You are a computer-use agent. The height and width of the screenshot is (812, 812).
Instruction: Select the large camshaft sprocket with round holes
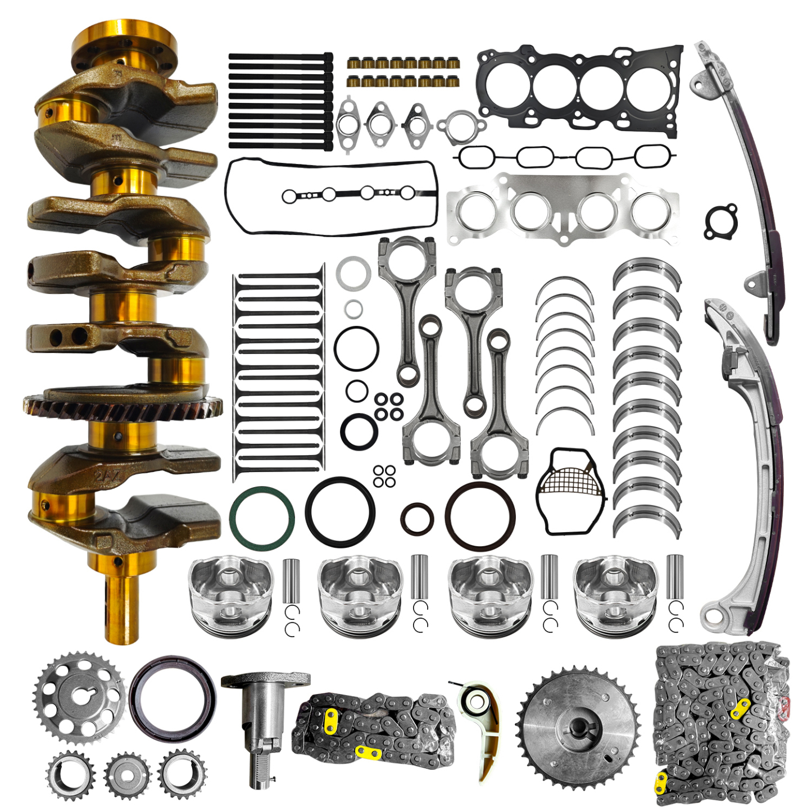80,698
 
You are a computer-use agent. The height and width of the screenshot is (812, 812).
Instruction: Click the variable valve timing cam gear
578,725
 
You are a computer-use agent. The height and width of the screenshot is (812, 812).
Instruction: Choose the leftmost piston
231,596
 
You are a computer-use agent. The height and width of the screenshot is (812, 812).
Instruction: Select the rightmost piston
615,596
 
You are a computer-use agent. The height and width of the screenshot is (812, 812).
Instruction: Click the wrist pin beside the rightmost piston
675,577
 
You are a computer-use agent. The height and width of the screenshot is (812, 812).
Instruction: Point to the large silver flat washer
353,273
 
